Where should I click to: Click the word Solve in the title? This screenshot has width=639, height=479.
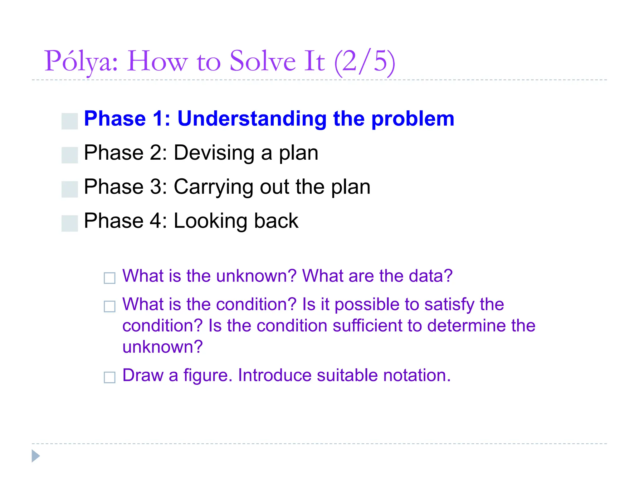pyautogui.click(x=262, y=61)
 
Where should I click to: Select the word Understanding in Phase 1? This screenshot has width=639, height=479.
pyautogui.click(x=251, y=119)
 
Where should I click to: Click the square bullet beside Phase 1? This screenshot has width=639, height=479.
pyautogui.click(x=70, y=121)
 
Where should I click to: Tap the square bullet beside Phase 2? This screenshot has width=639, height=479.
pyautogui.click(x=70, y=155)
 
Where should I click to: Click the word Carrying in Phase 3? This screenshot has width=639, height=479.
pyautogui.click(x=214, y=187)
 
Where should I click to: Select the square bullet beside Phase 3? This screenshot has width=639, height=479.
pyautogui.click(x=70, y=189)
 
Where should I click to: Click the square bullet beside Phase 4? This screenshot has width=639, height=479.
pyautogui.click(x=70, y=223)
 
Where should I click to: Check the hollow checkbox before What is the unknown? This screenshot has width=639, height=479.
pyautogui.click(x=110, y=278)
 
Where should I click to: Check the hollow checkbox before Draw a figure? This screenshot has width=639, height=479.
pyautogui.click(x=110, y=377)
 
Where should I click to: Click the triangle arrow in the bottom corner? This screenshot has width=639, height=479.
pyautogui.click(x=35, y=456)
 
